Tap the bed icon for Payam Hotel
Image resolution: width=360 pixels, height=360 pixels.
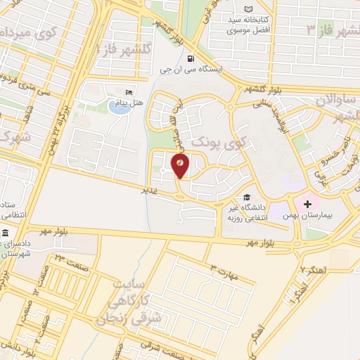[x=128, y=92]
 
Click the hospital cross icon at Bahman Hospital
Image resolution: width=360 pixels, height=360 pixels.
[x=307, y=202]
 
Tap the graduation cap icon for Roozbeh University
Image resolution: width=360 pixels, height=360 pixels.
[x=246, y=198]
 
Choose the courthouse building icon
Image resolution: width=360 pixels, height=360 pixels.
[x=6, y=233]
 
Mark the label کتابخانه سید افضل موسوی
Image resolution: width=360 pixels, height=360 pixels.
[x=249, y=27]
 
